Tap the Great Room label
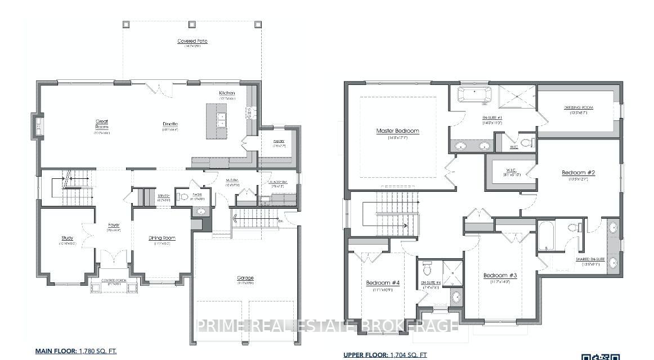(x=101, y=124)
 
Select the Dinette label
(x=170, y=124)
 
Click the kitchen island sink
(x=222, y=120)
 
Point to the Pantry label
(x=279, y=141)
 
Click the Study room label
(x=68, y=238)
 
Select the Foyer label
(x=114, y=225)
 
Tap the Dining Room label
(x=159, y=238)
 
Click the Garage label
(x=245, y=278)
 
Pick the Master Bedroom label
(x=398, y=131)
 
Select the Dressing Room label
(x=579, y=107)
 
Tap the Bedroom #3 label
(x=500, y=275)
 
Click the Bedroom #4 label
(x=383, y=283)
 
